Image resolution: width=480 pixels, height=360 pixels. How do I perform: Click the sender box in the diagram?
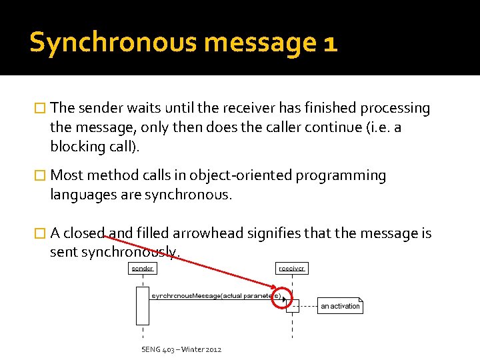[x=142, y=269]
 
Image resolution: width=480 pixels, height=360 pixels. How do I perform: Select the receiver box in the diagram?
[x=291, y=269]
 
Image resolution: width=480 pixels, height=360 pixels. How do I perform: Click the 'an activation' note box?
[x=340, y=306]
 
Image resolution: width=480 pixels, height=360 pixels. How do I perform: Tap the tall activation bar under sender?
[x=142, y=305]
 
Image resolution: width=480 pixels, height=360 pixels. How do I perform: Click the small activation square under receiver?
[x=292, y=305]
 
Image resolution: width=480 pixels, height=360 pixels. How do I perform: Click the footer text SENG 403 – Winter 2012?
[x=181, y=349]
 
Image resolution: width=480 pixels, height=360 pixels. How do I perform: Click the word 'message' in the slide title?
[x=260, y=43]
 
